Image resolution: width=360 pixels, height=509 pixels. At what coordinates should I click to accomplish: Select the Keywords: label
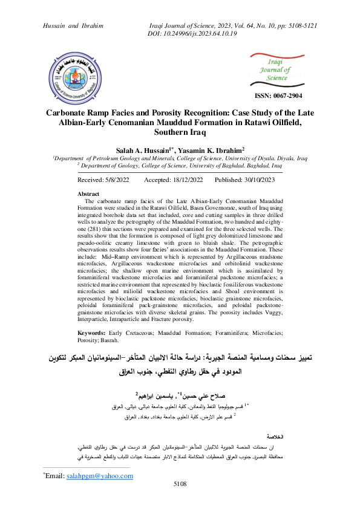(x=93, y=333)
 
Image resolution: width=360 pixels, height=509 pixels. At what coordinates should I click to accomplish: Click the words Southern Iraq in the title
(x=180, y=131)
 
